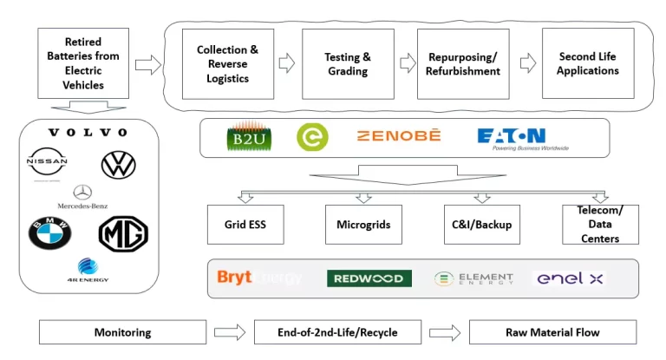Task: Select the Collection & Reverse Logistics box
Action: pyautogui.click(x=227, y=63)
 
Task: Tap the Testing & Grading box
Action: pyautogui.click(x=348, y=63)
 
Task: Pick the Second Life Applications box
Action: pyautogui.click(x=587, y=63)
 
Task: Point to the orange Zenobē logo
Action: pyautogui.click(x=399, y=136)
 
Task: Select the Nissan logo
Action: pyautogui.click(x=47, y=163)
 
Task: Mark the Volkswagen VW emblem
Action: pyautogui.click(x=119, y=164)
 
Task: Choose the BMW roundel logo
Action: pyautogui.click(x=49, y=232)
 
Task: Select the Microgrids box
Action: pyautogui.click(x=363, y=225)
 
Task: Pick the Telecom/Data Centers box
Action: pyautogui.click(x=599, y=225)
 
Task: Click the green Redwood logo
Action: pyautogui.click(x=369, y=278)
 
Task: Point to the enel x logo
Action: pyautogui.click(x=569, y=278)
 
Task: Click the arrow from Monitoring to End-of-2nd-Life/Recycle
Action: pyautogui.click(x=230, y=332)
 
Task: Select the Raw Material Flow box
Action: pyautogui.click(x=552, y=332)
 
